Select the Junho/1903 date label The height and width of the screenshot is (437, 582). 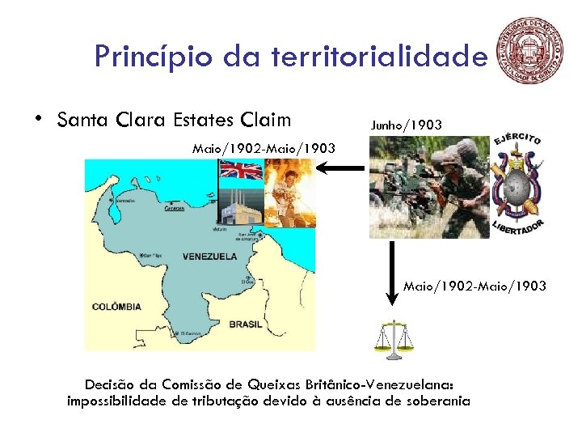[x=406, y=125]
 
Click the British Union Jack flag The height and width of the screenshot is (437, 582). [x=242, y=172]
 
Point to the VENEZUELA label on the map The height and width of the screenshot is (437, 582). [x=209, y=257]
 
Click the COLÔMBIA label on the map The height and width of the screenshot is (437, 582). [x=116, y=307]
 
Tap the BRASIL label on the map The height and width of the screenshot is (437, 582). [x=246, y=324]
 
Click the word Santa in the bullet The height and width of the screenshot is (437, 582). [x=84, y=121]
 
